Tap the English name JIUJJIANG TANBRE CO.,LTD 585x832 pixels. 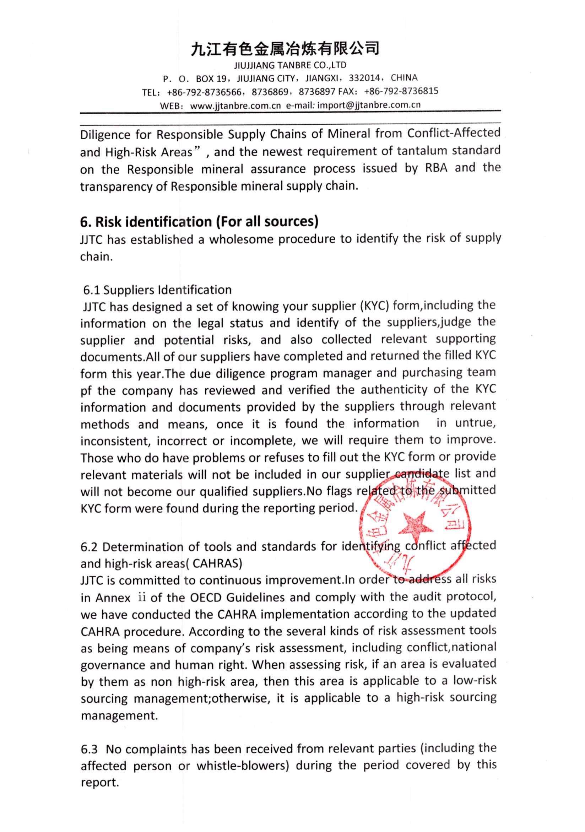coord(290,65)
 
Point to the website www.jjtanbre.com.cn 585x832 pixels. coord(235,106)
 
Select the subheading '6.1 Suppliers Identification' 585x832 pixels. coord(157,290)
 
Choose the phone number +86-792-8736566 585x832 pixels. coord(204,92)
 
